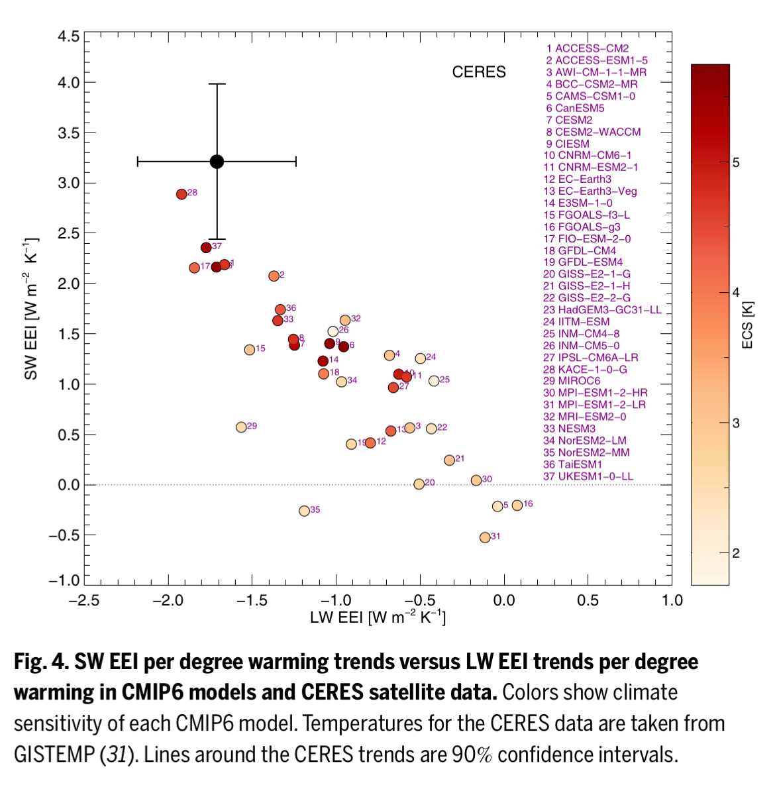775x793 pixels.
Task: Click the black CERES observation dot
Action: (x=217, y=162)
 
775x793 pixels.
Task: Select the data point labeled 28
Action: (x=181, y=194)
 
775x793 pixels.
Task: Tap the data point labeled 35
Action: (x=304, y=511)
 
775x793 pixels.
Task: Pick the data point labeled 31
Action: (x=485, y=537)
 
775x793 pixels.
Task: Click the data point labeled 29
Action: (x=241, y=427)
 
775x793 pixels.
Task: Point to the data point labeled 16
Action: (x=517, y=505)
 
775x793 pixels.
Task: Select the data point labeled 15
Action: (x=250, y=350)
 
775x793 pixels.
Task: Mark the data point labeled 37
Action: (x=206, y=248)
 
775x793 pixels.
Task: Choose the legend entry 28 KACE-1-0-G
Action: (x=584, y=369)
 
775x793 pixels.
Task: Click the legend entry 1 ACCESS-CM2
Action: (x=587, y=48)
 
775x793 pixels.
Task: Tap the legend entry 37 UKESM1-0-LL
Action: (x=588, y=476)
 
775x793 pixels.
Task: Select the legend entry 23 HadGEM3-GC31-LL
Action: (x=601, y=309)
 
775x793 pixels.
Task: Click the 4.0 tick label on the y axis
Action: (x=66, y=83)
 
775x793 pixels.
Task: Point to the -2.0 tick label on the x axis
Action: (x=168, y=600)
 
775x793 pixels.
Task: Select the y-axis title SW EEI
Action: (x=31, y=308)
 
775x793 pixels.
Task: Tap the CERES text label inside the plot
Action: (x=479, y=72)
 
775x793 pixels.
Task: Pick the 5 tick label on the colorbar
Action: (x=736, y=162)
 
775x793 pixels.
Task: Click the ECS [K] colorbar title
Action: (x=748, y=325)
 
